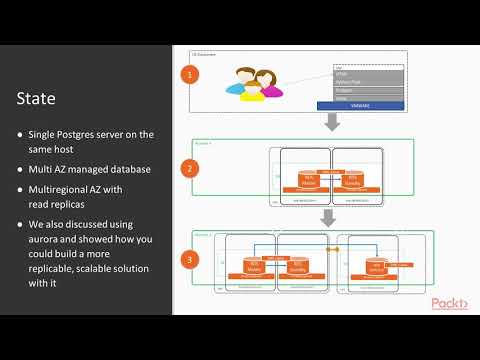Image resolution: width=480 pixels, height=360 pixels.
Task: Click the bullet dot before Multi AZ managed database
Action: click(x=20, y=169)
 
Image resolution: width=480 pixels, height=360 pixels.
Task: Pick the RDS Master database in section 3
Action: click(x=253, y=267)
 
